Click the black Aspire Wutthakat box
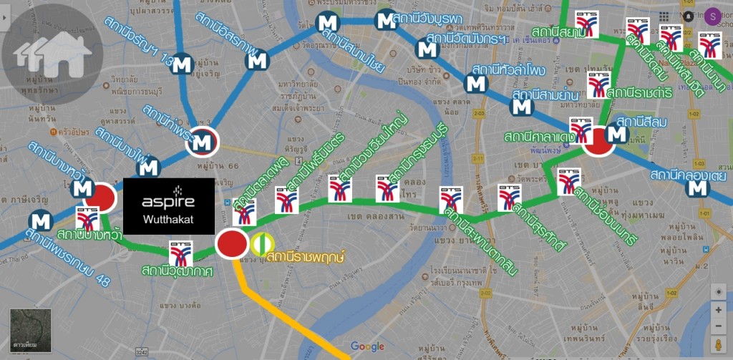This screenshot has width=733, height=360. coord(169,205)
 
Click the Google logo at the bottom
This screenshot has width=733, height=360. coord(367,346)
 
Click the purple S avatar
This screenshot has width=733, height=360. coord(713,16)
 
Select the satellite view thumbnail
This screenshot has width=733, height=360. coord(30,331)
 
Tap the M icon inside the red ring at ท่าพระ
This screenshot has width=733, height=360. coord(202,142)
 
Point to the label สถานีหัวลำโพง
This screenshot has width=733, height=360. coord(509,70)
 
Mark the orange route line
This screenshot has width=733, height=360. coord(286,315)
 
